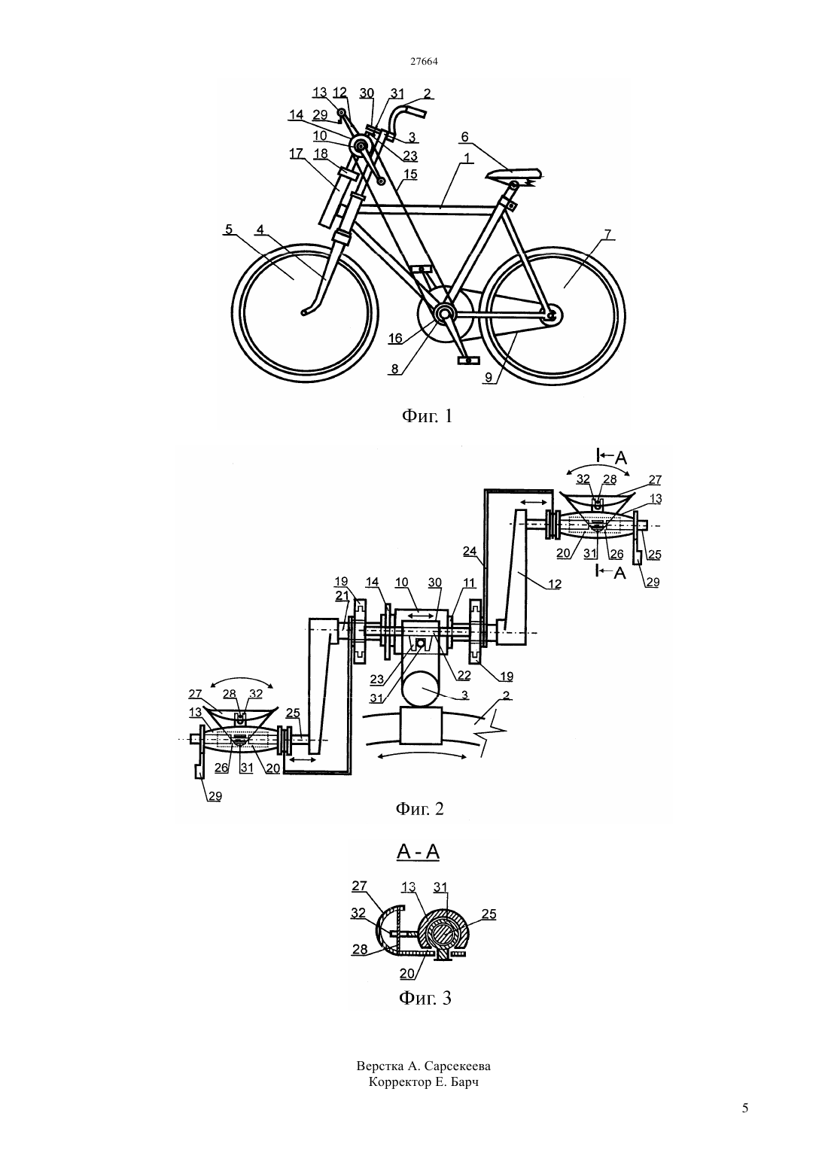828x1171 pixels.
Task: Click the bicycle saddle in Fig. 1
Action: pos(513,174)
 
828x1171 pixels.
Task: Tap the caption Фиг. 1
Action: pos(427,416)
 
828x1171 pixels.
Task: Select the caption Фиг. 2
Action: pos(419,809)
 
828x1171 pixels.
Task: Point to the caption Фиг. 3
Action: pos(425,998)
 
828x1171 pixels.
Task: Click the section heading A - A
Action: pos(419,852)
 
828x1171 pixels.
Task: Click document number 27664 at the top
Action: pos(424,61)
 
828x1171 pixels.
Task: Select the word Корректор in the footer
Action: pos(400,1082)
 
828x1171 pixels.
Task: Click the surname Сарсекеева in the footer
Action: pos(458,1066)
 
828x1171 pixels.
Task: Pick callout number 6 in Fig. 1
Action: pos(464,137)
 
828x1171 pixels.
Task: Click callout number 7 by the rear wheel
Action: pos(608,234)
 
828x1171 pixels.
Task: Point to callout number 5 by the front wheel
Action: pos(228,229)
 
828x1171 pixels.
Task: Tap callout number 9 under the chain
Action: pos(489,378)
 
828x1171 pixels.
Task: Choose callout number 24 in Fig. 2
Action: pos(470,550)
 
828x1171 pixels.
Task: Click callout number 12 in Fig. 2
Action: pos(555,584)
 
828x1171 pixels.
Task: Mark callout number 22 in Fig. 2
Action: pos(464,675)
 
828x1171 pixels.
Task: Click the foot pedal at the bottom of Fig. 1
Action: pos(467,360)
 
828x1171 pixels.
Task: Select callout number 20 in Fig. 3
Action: pos(406,973)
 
